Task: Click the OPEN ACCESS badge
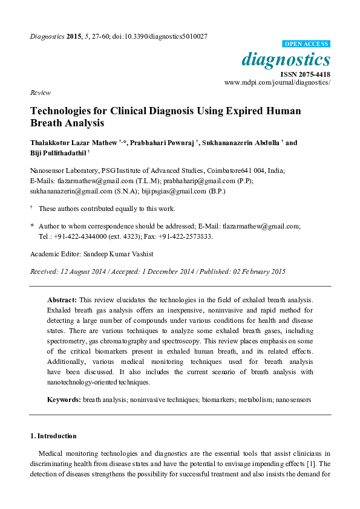click(307, 44)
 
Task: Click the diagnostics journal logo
click(286, 60)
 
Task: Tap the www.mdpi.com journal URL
click(277, 82)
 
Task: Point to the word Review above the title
click(38, 93)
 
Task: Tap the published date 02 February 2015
click(255, 271)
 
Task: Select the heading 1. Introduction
click(53, 436)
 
